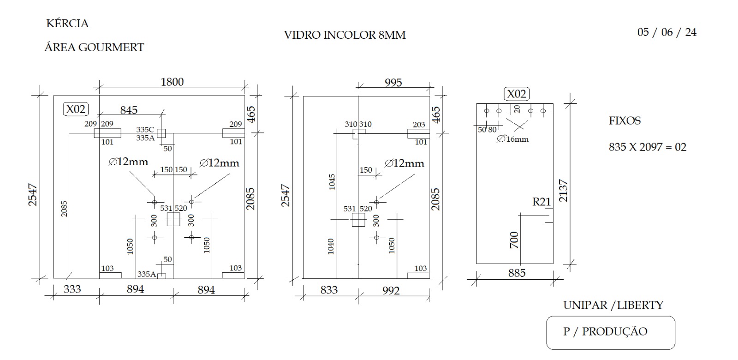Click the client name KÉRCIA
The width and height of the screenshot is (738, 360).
click(x=67, y=24)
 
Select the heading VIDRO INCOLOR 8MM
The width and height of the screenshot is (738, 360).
click(x=345, y=35)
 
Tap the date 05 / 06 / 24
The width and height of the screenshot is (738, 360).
click(x=667, y=32)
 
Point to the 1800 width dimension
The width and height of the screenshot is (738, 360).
click(x=172, y=82)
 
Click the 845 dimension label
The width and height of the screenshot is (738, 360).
click(x=129, y=110)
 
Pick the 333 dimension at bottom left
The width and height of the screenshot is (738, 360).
click(x=72, y=289)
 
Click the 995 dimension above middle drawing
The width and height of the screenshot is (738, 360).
click(x=393, y=83)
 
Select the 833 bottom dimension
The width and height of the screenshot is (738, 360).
click(x=329, y=290)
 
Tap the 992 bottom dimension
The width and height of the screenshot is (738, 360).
click(x=391, y=290)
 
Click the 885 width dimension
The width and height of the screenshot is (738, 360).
click(x=517, y=273)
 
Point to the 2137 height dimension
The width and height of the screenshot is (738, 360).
click(x=563, y=191)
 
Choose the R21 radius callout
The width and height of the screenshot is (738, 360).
click(x=542, y=202)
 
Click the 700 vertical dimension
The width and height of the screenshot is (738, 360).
click(x=514, y=240)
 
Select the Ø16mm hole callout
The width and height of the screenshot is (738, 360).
click(x=512, y=139)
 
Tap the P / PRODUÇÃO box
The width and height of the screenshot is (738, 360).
click(x=611, y=333)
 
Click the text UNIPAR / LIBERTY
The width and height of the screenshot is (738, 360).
click(x=613, y=305)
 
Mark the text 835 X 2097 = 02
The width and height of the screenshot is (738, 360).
click(x=648, y=147)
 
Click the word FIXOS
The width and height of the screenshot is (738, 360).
click(x=625, y=120)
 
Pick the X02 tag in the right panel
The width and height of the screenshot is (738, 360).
click(x=517, y=94)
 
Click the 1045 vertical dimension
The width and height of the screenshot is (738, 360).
click(x=332, y=182)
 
